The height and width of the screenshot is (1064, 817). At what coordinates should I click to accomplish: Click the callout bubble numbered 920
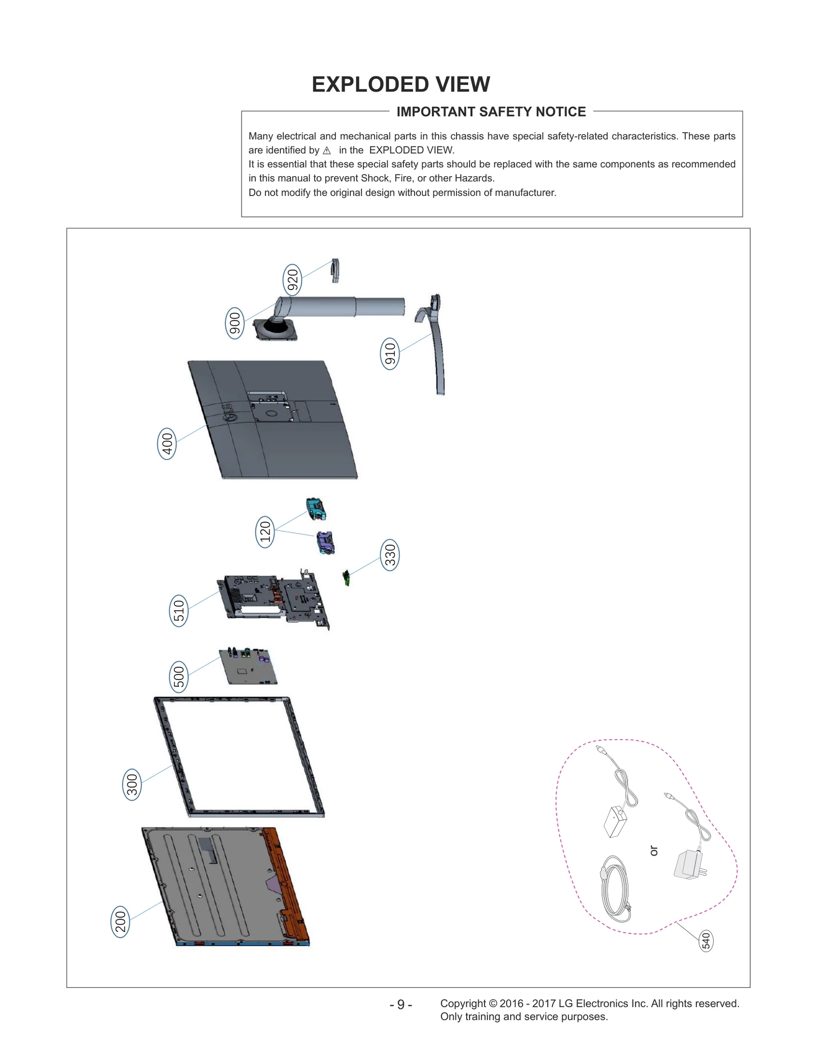[292, 280]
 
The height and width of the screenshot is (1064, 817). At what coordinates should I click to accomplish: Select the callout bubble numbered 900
[234, 324]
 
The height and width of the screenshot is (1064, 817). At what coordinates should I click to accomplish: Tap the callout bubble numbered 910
[390, 354]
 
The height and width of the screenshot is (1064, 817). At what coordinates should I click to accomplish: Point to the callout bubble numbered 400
[167, 444]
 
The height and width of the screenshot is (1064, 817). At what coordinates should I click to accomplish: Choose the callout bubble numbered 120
[265, 532]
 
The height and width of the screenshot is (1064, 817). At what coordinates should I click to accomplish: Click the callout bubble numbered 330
[390, 555]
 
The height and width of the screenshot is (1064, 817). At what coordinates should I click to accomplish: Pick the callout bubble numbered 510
[179, 611]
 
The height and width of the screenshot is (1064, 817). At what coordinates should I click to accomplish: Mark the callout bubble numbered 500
[179, 677]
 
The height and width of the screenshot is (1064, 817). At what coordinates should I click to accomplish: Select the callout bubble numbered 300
[132, 785]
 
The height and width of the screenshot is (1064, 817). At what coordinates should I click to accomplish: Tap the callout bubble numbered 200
[120, 922]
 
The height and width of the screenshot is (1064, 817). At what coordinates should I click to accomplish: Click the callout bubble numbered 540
[706, 940]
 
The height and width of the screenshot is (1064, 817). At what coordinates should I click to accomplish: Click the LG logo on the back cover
[230, 413]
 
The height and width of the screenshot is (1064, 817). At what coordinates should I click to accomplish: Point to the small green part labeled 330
[346, 578]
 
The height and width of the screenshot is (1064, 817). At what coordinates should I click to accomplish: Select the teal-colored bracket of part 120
[316, 509]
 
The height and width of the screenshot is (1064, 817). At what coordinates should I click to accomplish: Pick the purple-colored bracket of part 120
[325, 543]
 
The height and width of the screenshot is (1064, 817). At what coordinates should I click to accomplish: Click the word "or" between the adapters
[654, 851]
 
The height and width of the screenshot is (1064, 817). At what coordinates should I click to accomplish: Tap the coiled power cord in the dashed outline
[614, 889]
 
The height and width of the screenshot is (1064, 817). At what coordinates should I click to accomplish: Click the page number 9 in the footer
[401, 1004]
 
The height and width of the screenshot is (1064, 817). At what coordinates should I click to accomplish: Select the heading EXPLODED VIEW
[401, 84]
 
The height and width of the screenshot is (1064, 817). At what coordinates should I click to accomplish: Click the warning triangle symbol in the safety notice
[327, 151]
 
